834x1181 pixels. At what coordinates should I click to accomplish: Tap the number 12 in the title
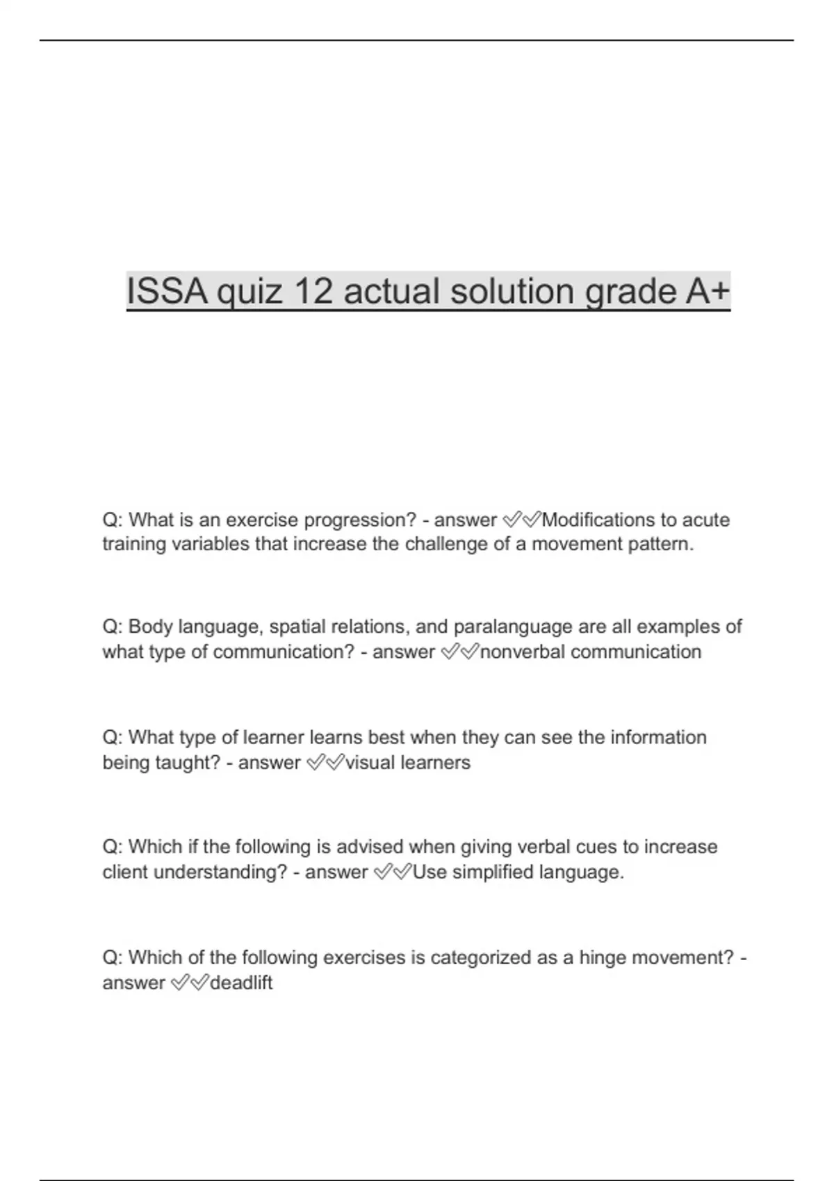pos(313,291)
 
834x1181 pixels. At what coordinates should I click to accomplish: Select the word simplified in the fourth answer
pos(491,872)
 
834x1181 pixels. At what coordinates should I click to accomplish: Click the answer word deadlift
pos(241,982)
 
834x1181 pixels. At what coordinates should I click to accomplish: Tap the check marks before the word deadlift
pos(189,982)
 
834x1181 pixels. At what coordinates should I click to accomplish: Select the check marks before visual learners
pos(325,762)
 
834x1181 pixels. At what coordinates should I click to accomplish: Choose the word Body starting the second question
pos(150,627)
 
